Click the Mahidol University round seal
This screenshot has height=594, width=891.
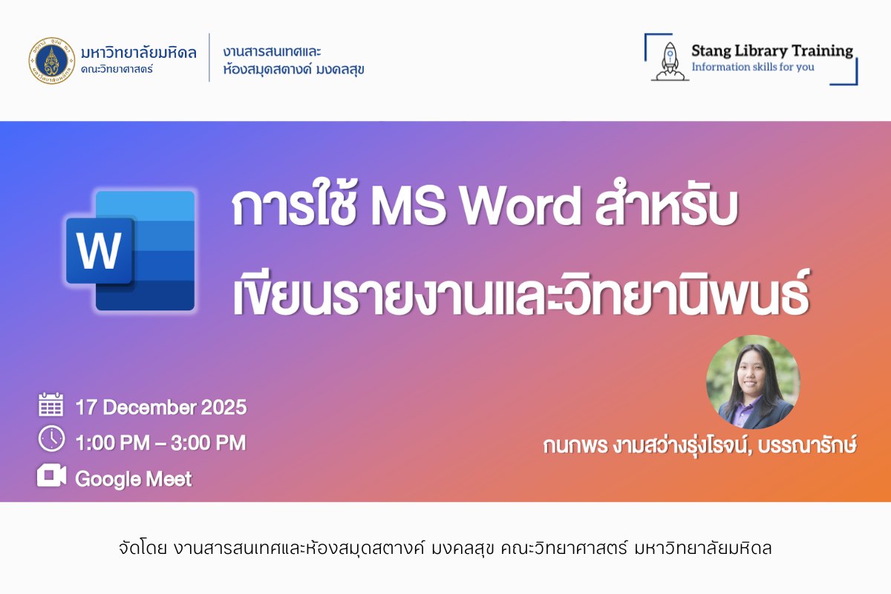[x=52, y=61]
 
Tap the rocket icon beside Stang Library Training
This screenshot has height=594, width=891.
[x=670, y=62]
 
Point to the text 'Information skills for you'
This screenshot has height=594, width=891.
[x=753, y=67]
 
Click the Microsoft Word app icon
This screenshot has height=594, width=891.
[x=131, y=250]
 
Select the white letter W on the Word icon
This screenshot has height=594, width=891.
[x=99, y=251]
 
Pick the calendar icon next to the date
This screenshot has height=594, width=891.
[x=51, y=404]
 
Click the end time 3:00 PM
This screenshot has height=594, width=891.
[x=209, y=443]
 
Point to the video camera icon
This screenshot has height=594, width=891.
[x=52, y=475]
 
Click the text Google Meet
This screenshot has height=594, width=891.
[x=134, y=479]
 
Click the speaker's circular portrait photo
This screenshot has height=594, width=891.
[x=753, y=382]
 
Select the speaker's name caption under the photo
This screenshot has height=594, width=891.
[x=699, y=446]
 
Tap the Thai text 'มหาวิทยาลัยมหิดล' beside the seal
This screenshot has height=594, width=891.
[x=138, y=53]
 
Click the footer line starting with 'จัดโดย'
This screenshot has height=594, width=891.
[x=446, y=548]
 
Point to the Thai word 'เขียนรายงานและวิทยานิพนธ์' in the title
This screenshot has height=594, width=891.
[x=521, y=293]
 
